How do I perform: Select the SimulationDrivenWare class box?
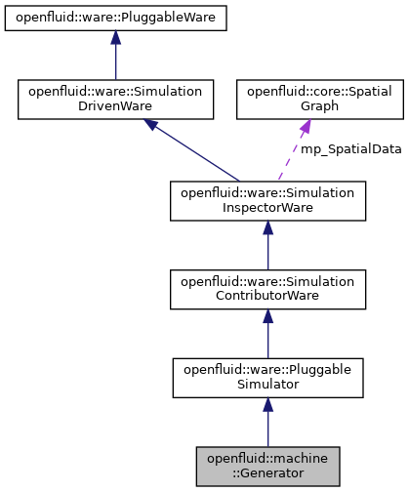click(115, 100)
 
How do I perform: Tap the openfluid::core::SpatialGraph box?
click(307, 100)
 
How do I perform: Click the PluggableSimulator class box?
click(267, 377)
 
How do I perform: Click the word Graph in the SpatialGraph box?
click(307, 107)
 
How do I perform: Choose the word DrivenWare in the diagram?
click(115, 107)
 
